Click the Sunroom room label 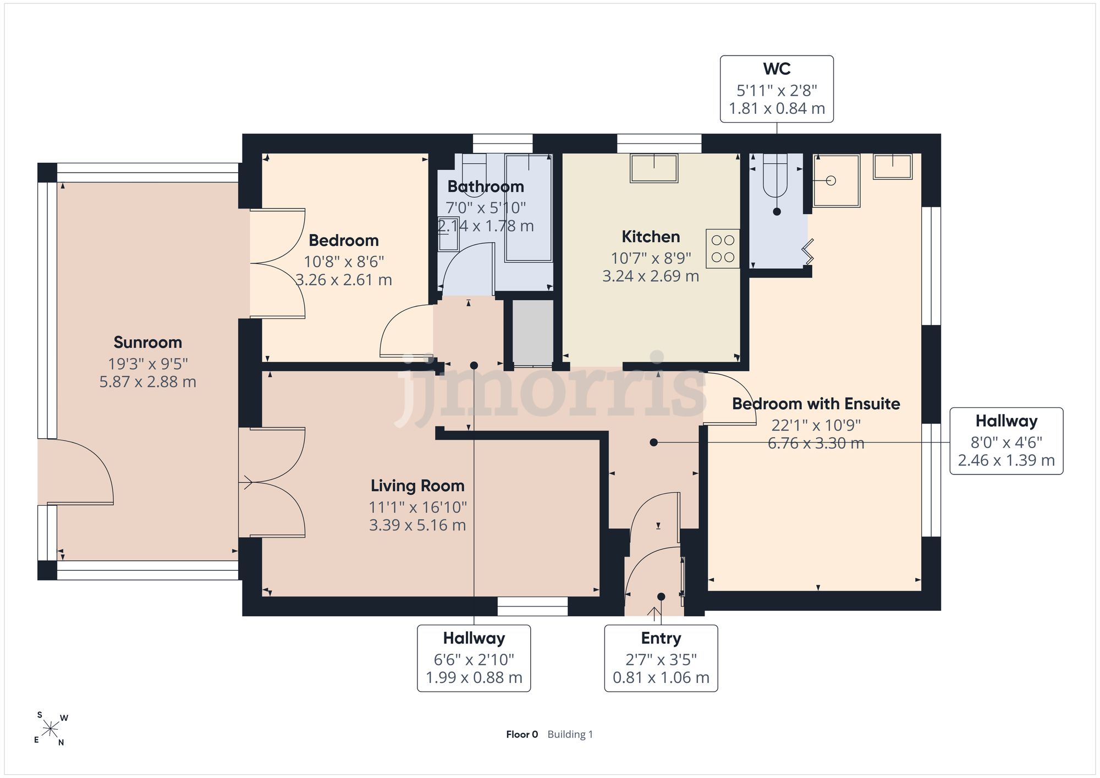click(147, 343)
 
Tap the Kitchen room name click(651, 237)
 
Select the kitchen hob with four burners click(723, 249)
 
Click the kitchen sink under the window click(654, 168)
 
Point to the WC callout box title click(777, 69)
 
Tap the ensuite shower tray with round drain click(836, 180)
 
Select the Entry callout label click(661, 638)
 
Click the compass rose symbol click(51, 730)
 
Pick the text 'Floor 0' click(522, 735)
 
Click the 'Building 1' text click(570, 735)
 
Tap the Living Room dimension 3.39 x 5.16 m click(417, 525)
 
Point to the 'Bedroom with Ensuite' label click(816, 404)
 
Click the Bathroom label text click(486, 187)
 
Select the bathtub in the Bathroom click(529, 208)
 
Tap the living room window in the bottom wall click(532, 606)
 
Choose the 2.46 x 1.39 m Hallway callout click(1007, 441)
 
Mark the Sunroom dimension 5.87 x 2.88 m click(147, 382)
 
